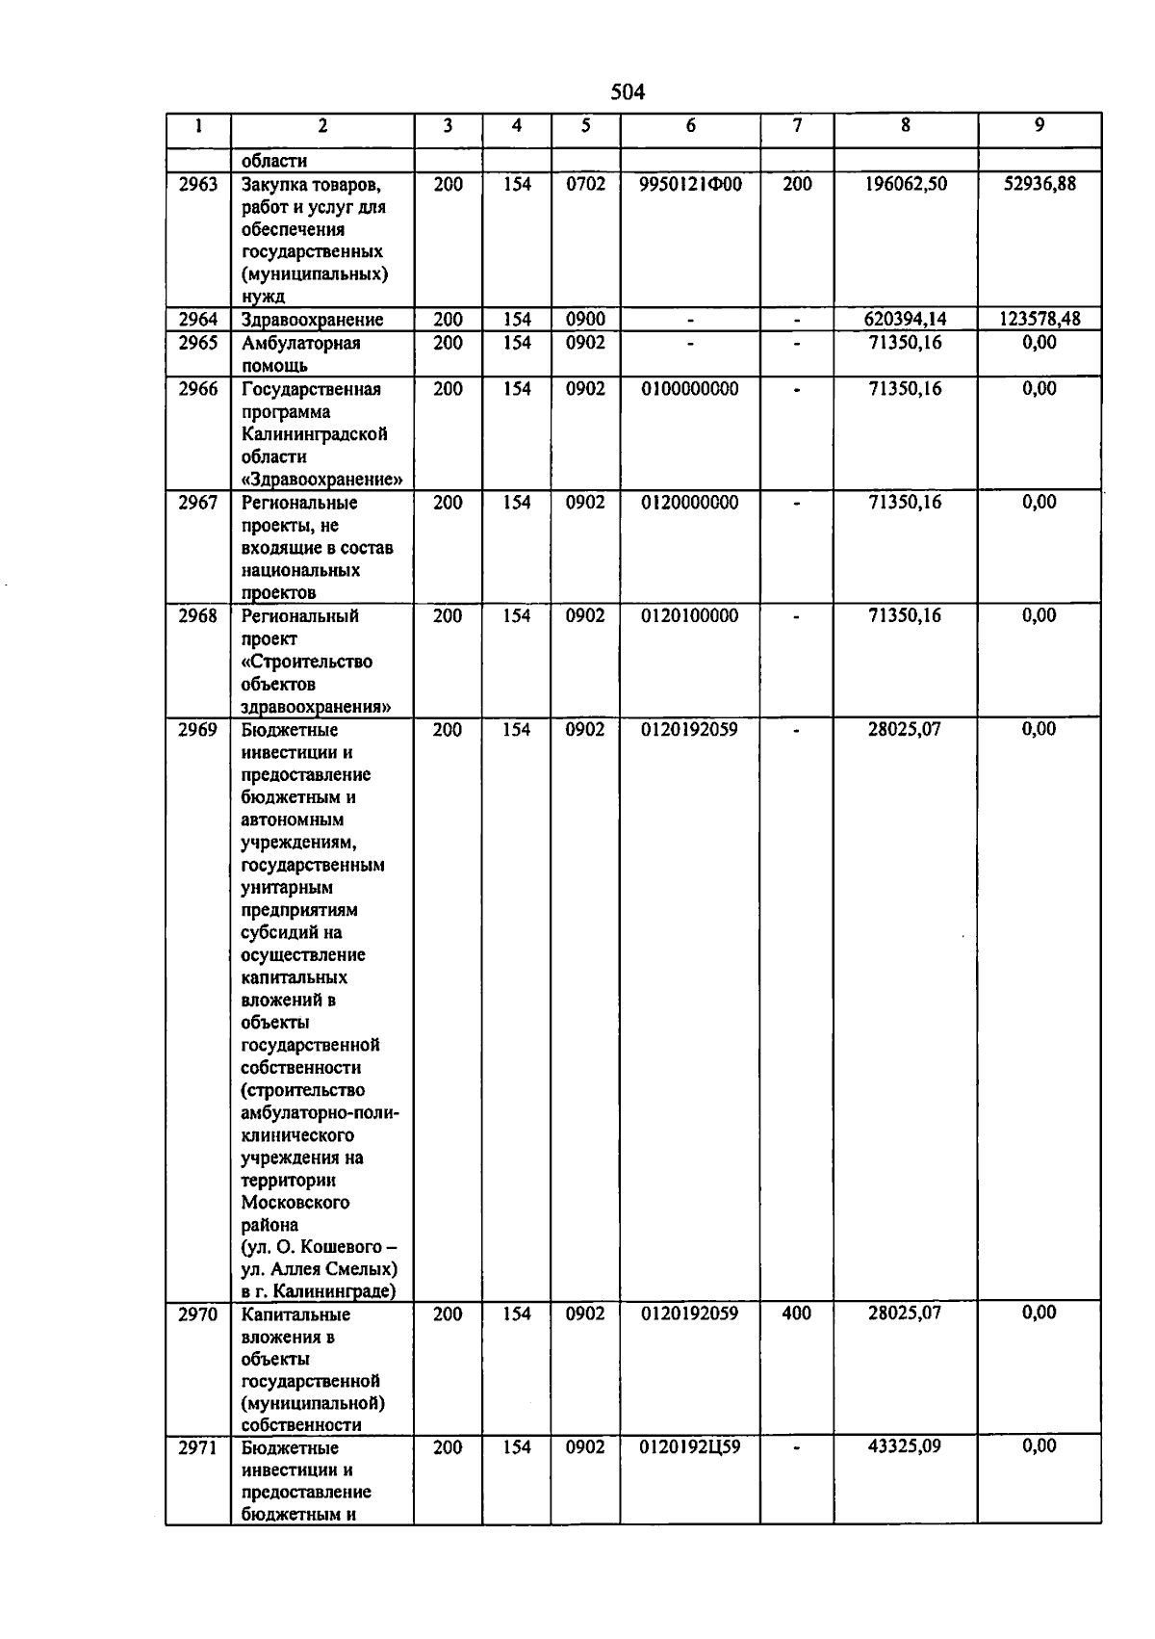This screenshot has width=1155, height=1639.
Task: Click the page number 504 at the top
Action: tap(628, 92)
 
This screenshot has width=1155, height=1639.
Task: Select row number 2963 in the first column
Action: tap(198, 184)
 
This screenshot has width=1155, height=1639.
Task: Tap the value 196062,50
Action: tap(905, 184)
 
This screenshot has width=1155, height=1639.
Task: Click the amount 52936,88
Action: tap(1039, 184)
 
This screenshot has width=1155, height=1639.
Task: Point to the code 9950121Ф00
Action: tap(690, 184)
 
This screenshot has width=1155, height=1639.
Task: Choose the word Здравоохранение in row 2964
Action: tap(312, 320)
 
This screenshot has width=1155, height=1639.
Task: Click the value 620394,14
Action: tap(905, 320)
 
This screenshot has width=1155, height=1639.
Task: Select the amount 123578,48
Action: tap(1039, 320)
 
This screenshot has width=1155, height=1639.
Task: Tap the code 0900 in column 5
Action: tap(585, 320)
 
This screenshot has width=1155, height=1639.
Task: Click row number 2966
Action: tap(198, 389)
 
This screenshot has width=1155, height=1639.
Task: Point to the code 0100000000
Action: tap(690, 389)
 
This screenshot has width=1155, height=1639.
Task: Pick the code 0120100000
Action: tap(690, 616)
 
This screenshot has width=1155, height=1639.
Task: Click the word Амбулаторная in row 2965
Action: tap(300, 344)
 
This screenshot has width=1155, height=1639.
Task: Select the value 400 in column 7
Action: tap(797, 1314)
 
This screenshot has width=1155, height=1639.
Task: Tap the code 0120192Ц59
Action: tap(690, 1446)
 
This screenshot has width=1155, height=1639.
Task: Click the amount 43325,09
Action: tap(905, 1446)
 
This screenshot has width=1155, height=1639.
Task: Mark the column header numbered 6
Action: tap(690, 126)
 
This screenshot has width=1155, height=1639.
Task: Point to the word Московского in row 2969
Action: tap(295, 1203)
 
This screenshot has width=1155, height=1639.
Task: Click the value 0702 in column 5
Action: tap(585, 184)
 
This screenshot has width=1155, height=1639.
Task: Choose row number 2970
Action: tap(198, 1314)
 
